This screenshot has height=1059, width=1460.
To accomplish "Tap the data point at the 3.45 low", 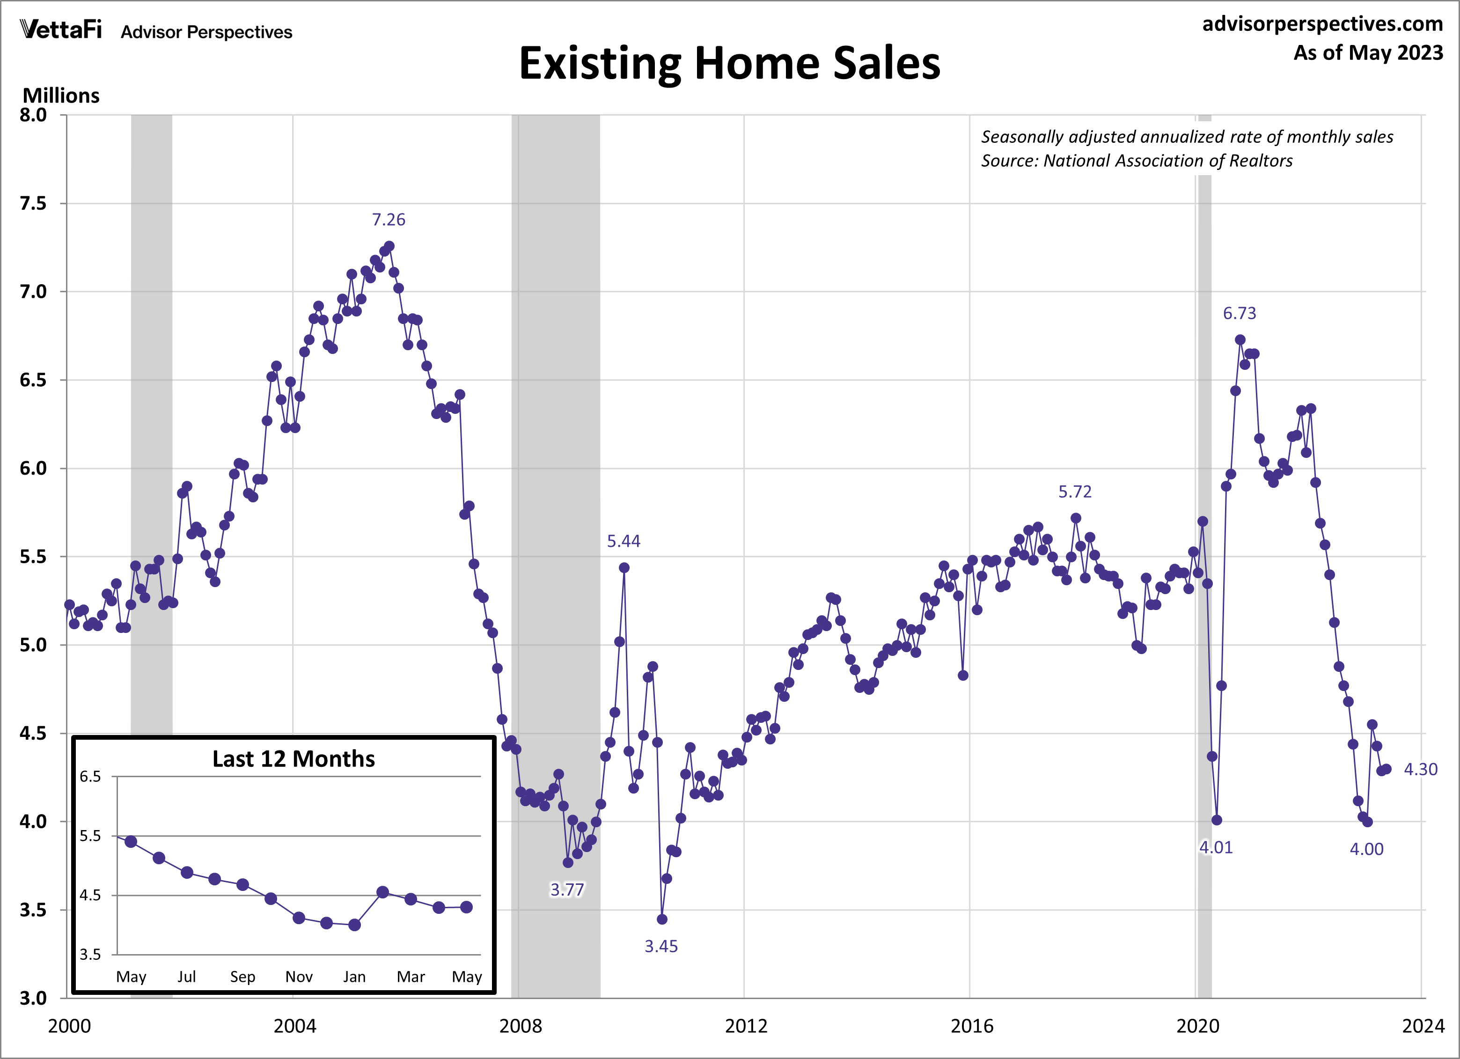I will [x=662, y=919].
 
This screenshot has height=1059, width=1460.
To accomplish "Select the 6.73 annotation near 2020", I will [x=1239, y=314].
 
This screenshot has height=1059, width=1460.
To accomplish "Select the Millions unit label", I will [x=61, y=96].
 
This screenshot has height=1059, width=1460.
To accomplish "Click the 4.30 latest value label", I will [x=1420, y=769].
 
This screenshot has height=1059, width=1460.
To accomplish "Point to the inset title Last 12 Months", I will [x=293, y=759].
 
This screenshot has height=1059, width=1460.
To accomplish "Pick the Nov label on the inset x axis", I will [x=299, y=977].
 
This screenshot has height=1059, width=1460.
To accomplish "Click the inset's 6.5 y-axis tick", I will [x=90, y=776].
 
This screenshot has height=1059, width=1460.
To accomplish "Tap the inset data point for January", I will [x=354, y=925].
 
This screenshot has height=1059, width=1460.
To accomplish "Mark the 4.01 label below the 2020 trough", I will [x=1215, y=847].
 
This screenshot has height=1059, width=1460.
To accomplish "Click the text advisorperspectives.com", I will [x=1322, y=24].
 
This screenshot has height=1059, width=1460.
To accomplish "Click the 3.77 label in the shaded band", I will [x=566, y=890].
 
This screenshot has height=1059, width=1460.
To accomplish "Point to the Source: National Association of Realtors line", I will [x=1136, y=160].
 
